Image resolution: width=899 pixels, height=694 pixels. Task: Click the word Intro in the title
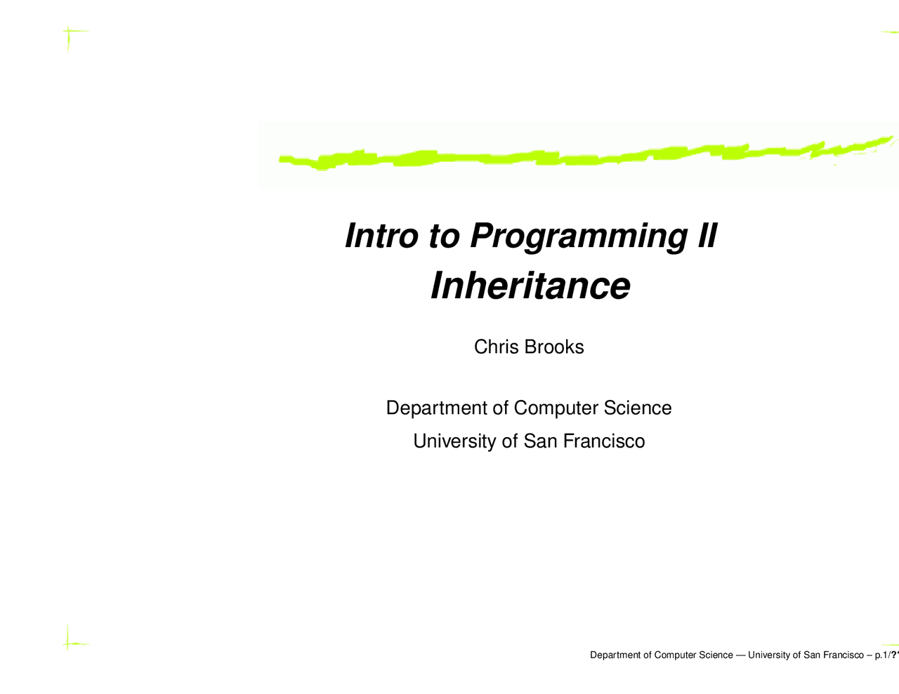pyautogui.click(x=381, y=235)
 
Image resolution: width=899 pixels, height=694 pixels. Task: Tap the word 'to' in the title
pyautogui.click(x=444, y=235)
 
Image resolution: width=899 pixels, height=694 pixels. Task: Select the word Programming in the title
pyautogui.click(x=578, y=236)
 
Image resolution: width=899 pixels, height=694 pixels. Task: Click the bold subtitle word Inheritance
pyautogui.click(x=530, y=286)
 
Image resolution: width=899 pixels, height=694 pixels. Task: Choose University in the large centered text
pyautogui.click(x=454, y=441)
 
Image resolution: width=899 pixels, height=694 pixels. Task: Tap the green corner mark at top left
pyautogui.click(x=69, y=32)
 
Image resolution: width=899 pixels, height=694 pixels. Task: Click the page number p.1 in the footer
pyautogui.click(x=881, y=655)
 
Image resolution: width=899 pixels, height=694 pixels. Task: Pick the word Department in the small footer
pyautogui.click(x=615, y=655)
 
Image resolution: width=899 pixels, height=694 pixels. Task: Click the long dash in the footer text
pyautogui.click(x=740, y=655)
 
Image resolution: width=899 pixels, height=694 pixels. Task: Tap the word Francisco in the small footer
pyautogui.click(x=843, y=655)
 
